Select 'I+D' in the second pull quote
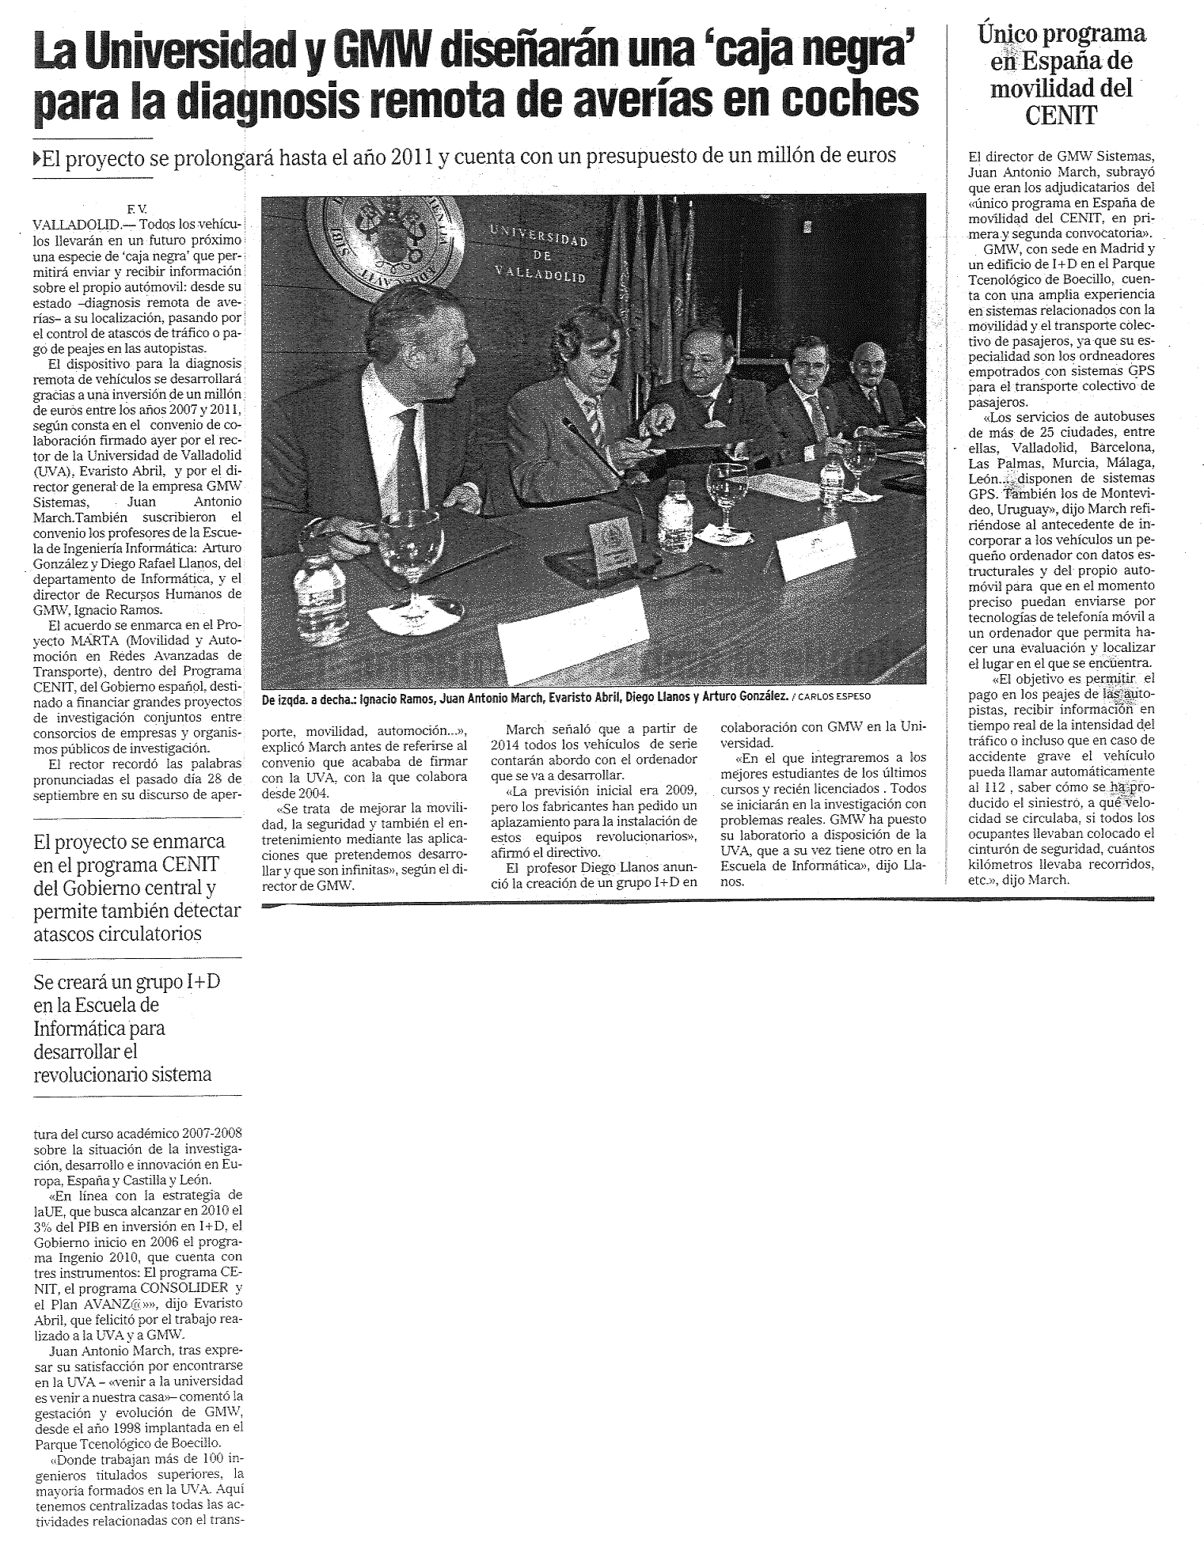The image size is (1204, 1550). click(x=202, y=982)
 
